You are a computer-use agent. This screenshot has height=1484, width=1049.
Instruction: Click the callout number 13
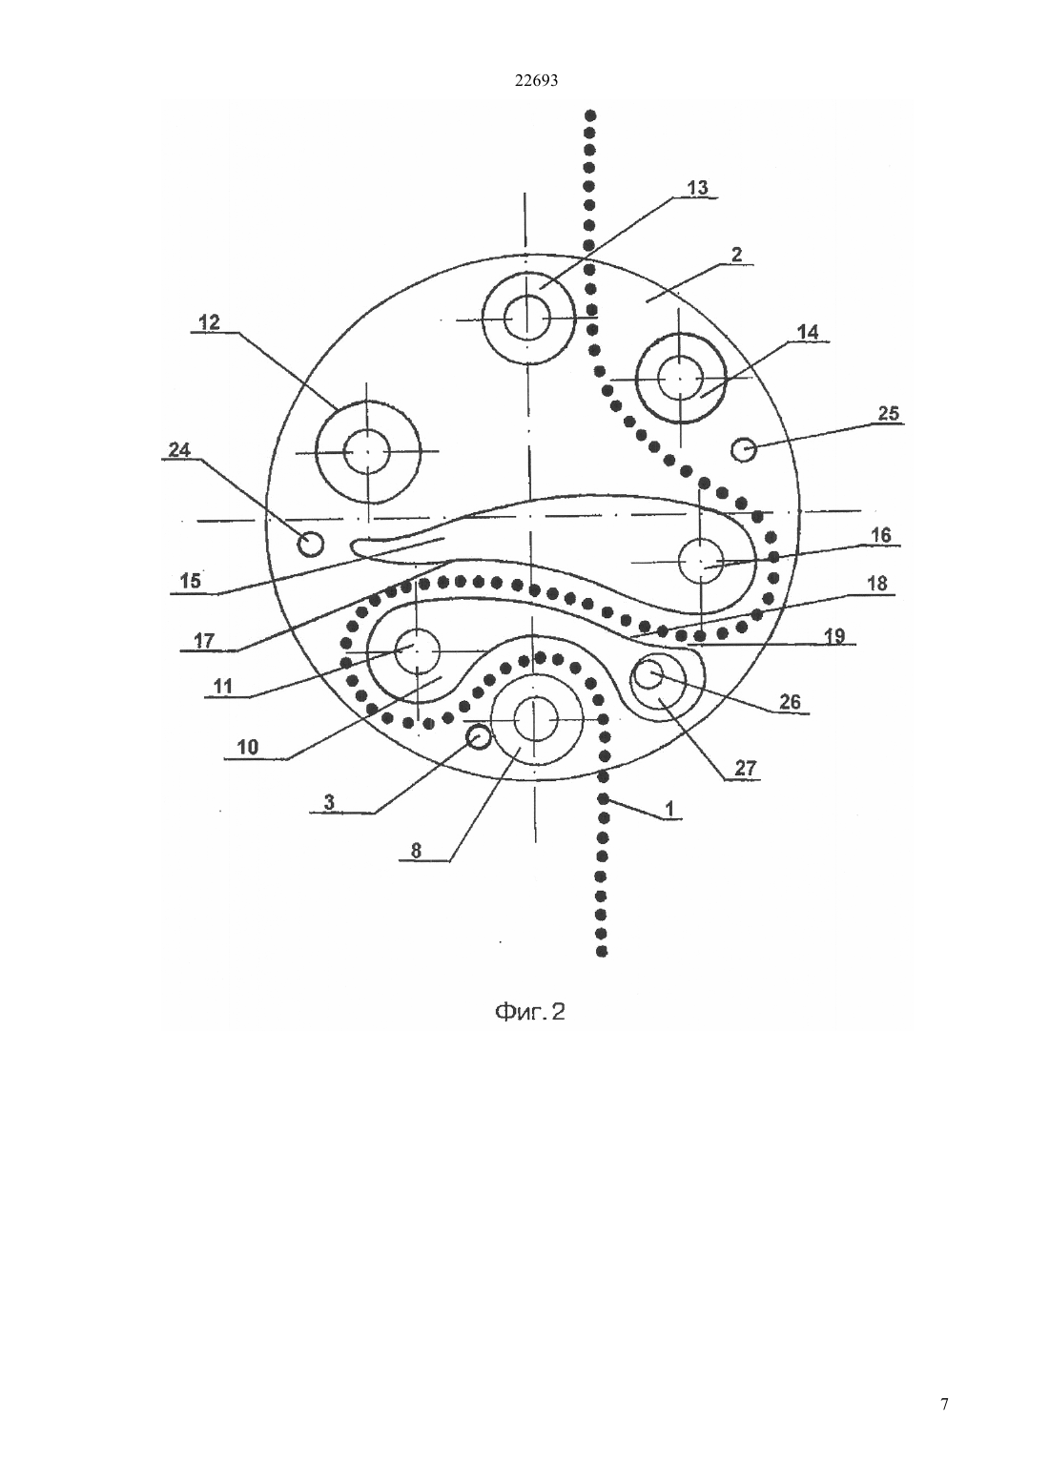pyautogui.click(x=697, y=188)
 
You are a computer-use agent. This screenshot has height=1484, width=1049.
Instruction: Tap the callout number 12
pyautogui.click(x=209, y=322)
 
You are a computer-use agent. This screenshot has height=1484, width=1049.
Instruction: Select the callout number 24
pyautogui.click(x=179, y=450)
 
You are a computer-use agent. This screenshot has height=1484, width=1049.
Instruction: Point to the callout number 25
pyautogui.click(x=888, y=413)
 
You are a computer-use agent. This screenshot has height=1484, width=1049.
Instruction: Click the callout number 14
pyautogui.click(x=808, y=332)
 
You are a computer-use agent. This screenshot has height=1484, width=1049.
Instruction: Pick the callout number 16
pyautogui.click(x=881, y=535)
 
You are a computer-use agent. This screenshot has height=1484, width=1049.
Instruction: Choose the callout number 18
pyautogui.click(x=876, y=584)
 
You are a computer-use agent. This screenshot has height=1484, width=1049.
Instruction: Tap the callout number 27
pyautogui.click(x=745, y=768)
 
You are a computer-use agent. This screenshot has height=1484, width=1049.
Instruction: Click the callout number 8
pyautogui.click(x=416, y=851)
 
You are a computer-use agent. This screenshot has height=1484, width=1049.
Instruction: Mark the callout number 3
pyautogui.click(x=329, y=802)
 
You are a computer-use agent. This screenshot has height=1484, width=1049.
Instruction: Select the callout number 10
pyautogui.click(x=248, y=748)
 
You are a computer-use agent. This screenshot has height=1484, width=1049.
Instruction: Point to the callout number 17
pyautogui.click(x=204, y=641)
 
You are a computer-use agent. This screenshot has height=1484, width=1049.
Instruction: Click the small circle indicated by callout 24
pyautogui.click(x=311, y=545)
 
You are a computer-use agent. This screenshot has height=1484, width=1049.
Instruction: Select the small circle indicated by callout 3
pyautogui.click(x=479, y=736)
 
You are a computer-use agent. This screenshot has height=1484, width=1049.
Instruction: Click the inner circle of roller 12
pyautogui.click(x=367, y=451)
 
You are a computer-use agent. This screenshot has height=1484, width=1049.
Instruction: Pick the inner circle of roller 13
pyautogui.click(x=527, y=318)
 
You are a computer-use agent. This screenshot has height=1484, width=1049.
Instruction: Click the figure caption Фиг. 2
pyautogui.click(x=530, y=1012)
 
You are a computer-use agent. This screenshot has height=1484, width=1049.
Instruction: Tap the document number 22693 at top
pyautogui.click(x=536, y=81)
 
